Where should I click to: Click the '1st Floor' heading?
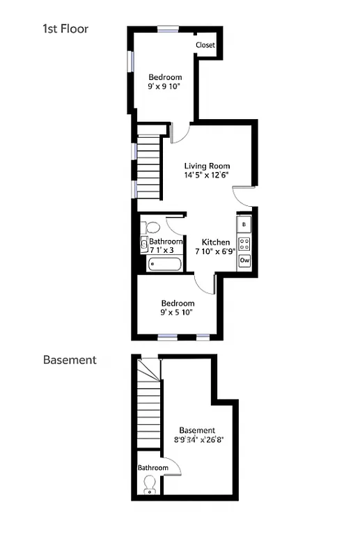pyautogui.click(x=65, y=29)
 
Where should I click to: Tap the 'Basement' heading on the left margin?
pyautogui.click(x=70, y=360)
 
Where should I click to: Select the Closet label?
pyautogui.click(x=205, y=45)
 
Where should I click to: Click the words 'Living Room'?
pyautogui.click(x=207, y=166)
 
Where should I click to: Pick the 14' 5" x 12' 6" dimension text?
pyautogui.click(x=207, y=175)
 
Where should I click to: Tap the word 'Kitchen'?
pyautogui.click(x=215, y=242)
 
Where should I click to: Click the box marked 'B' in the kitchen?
pyautogui.click(x=244, y=225)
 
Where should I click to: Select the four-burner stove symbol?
pyautogui.click(x=244, y=243)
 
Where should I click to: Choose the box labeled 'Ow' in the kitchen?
pyautogui.click(x=244, y=260)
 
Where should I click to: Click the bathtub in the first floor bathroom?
pyautogui.click(x=165, y=265)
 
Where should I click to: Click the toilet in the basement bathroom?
pyautogui.click(x=149, y=491)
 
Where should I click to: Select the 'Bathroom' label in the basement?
pyautogui.click(x=152, y=467)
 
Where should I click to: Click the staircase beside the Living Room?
pyautogui.click(x=148, y=166)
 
